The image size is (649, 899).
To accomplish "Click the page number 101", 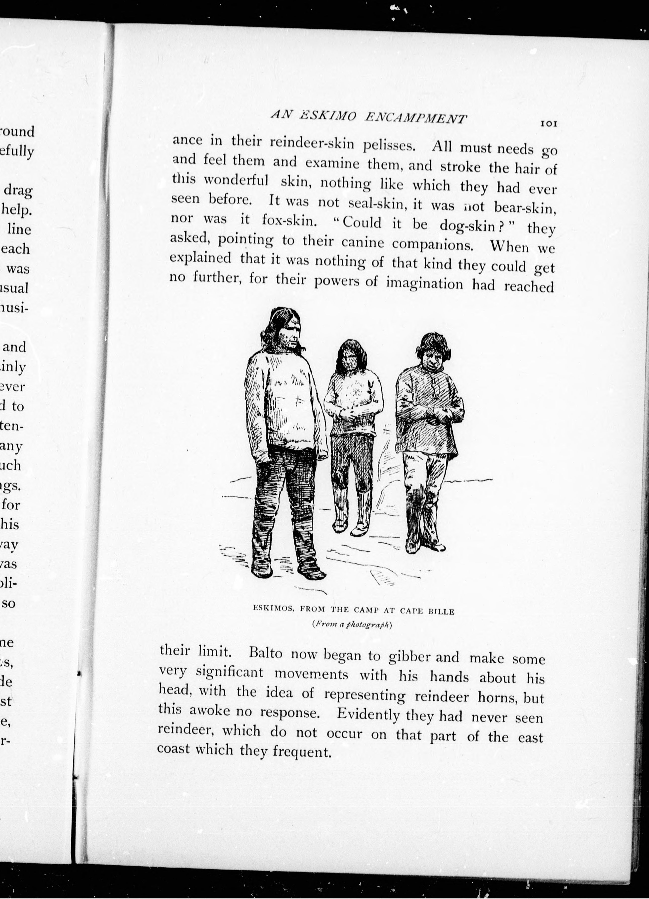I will click(x=549, y=124).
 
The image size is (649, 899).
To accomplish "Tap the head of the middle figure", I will click(x=349, y=355).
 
